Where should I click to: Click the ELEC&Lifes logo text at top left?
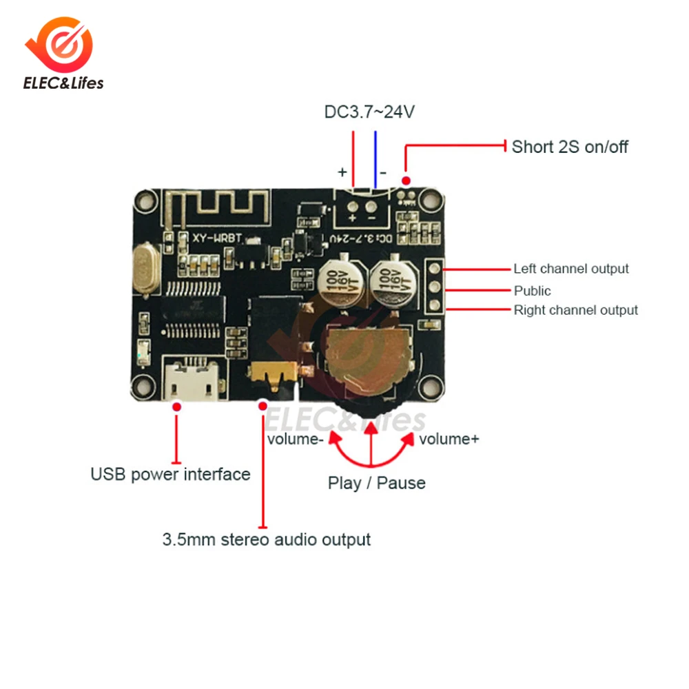point(63,83)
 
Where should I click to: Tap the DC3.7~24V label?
point(369,111)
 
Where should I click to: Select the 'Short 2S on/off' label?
point(570,146)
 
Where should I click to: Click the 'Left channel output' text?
point(571,269)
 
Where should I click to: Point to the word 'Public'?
point(533,291)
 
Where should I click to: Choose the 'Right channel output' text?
point(576,310)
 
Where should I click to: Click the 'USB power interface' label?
point(170,474)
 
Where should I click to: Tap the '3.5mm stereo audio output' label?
point(267,539)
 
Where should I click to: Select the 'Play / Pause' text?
point(376,483)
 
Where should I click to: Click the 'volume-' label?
point(295,440)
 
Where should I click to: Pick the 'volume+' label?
point(449,440)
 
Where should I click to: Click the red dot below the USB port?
point(177,409)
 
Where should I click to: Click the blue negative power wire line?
point(376,158)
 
